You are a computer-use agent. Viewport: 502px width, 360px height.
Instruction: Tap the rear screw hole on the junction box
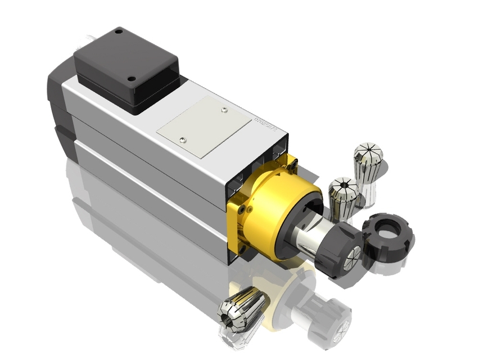coord(119,32)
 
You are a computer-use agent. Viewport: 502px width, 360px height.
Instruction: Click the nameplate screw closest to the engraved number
coord(224,109)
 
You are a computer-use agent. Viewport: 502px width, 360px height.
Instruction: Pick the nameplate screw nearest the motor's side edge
coord(182,139)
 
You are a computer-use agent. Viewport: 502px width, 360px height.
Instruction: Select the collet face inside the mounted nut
coord(352,256)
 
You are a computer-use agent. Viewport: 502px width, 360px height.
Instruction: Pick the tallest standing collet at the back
coord(368,163)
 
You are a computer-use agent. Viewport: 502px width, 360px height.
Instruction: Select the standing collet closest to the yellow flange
coord(343,197)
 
